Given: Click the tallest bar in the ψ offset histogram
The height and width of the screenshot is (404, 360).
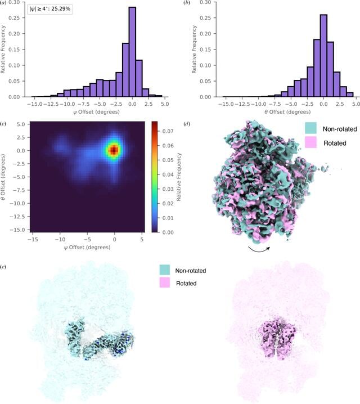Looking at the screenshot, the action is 132,52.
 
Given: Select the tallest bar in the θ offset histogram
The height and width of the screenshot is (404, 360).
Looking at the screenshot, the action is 323,56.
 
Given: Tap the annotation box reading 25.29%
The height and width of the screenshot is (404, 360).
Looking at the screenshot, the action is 50,9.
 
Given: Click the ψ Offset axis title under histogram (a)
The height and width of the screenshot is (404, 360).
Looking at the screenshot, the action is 96,112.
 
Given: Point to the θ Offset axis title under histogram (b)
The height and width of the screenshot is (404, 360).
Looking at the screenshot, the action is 287,112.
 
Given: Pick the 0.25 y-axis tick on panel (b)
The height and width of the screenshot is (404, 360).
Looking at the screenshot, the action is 206,18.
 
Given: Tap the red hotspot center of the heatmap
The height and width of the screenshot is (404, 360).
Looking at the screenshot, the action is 114,150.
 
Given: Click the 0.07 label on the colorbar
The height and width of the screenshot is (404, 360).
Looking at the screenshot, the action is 168,131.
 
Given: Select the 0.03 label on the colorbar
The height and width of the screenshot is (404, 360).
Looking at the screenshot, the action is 168,189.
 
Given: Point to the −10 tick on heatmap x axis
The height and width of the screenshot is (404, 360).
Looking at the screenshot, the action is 60,239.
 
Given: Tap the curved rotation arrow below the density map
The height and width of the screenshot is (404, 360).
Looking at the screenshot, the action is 259,249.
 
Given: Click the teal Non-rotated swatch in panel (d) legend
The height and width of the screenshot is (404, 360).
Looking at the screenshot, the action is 311,128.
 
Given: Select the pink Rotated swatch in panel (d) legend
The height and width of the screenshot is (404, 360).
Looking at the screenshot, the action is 311,142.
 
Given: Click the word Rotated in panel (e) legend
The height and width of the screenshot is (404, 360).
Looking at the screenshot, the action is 186,284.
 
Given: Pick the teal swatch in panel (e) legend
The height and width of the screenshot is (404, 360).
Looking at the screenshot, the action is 165,270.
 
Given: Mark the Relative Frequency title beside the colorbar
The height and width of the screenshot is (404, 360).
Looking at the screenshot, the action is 179,177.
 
